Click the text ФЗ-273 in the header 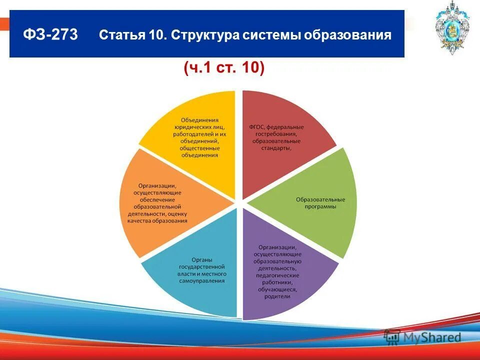click(50, 35)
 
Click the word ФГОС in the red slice click(258, 127)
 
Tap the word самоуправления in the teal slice click(203, 281)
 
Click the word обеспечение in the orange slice click(157, 199)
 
